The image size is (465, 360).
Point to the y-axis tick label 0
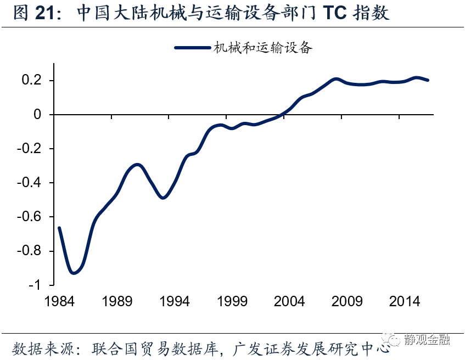[x=37, y=115]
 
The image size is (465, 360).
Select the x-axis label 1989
[x=117, y=301]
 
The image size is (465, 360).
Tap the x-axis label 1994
[x=175, y=301]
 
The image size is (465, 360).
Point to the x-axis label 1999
[x=232, y=301]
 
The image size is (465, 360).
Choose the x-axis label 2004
[x=289, y=301]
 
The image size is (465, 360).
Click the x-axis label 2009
[x=347, y=301]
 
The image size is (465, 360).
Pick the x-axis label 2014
[x=404, y=301]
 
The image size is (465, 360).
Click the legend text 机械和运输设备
[x=263, y=48]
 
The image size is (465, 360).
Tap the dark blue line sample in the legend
[x=193, y=48]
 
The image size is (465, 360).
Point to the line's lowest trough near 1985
[x=73, y=273]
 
